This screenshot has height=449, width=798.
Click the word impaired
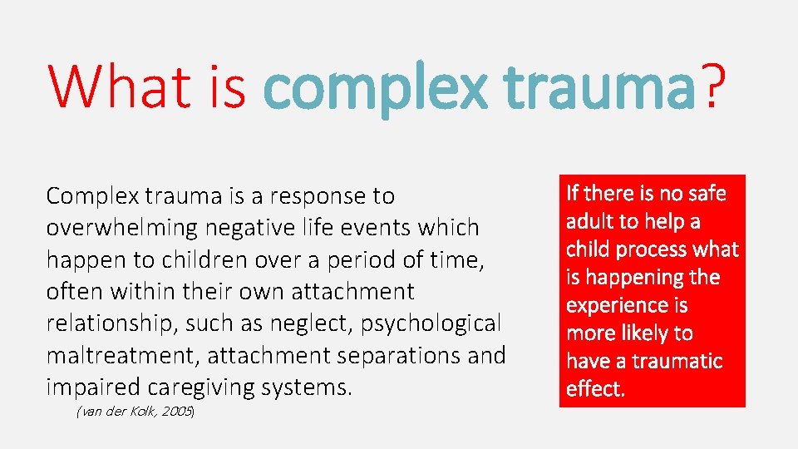(x=96, y=387)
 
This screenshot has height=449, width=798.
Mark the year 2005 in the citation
(x=177, y=412)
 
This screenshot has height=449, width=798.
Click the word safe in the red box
(x=705, y=194)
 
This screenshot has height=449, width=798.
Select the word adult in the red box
(x=590, y=222)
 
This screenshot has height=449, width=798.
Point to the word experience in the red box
(x=615, y=306)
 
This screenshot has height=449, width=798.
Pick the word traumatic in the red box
(x=676, y=362)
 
